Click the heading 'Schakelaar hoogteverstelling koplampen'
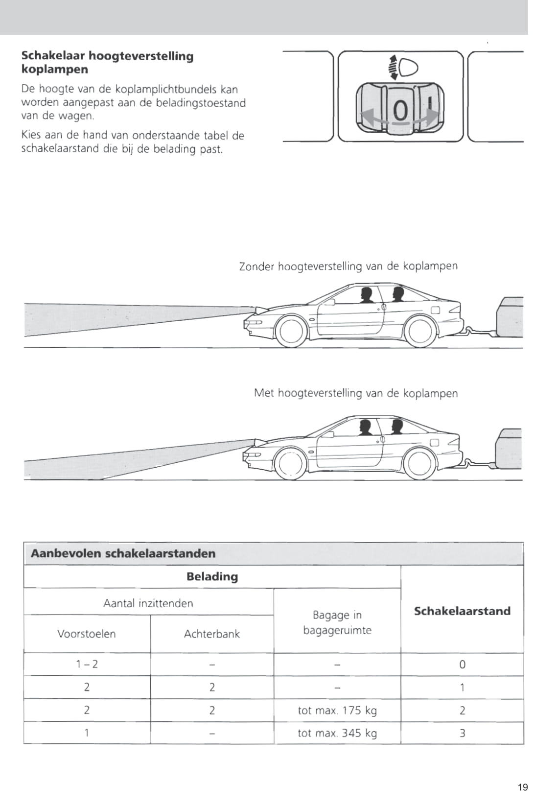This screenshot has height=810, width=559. click(107, 62)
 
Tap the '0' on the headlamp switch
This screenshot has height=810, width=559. click(400, 111)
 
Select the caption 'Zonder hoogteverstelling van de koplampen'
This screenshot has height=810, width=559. click(348, 266)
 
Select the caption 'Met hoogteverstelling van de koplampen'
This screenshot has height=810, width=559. click(355, 393)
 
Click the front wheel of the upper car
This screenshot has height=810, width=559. click(292, 332)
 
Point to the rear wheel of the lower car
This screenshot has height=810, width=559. click(419, 464)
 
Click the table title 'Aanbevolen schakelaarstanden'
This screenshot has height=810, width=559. click(123, 553)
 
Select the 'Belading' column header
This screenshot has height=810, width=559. click(212, 576)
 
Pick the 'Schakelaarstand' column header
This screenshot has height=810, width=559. click(462, 611)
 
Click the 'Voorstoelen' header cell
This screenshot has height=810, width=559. click(87, 634)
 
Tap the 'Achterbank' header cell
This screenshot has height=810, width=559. click(212, 634)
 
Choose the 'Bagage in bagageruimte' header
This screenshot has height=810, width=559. click(337, 622)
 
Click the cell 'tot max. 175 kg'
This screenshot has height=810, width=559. click(337, 710)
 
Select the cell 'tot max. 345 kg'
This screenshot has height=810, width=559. click(337, 733)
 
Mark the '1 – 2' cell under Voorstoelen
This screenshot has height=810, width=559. click(87, 664)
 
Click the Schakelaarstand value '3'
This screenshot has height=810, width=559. click(462, 733)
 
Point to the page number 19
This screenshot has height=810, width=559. click(523, 787)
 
